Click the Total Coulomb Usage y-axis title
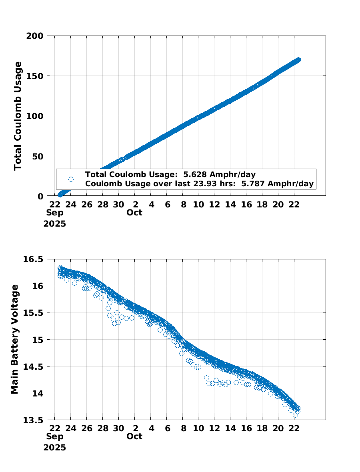18,116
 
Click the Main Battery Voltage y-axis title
15,339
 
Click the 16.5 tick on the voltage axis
34,259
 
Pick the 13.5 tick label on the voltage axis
34,420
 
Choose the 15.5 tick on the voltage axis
34,313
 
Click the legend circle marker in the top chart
71,179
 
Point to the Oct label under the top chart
134,213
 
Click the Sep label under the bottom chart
54,436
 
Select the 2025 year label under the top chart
54,224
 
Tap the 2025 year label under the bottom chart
54,448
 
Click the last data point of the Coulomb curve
298,60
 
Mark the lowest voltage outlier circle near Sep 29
114,323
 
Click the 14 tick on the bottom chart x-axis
230,428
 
